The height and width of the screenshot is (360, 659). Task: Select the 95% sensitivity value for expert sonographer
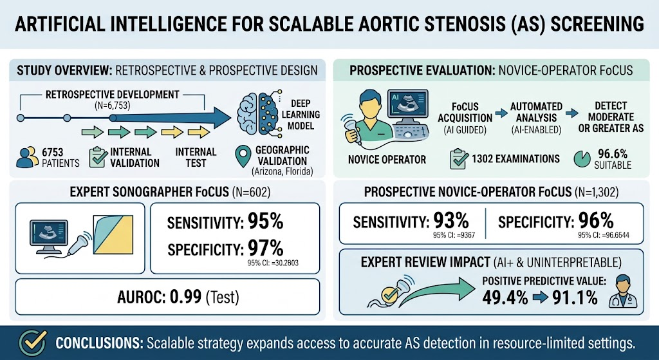click(265, 221)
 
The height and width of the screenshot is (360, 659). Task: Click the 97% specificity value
click(265, 249)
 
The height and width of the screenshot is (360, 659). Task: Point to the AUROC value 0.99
click(185, 298)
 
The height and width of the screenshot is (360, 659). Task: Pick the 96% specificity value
click(596, 221)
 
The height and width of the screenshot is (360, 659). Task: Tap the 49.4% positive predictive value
click(505, 298)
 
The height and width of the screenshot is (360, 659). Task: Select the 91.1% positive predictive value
click(575, 298)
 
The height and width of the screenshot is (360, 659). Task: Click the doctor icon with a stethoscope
click(623, 292)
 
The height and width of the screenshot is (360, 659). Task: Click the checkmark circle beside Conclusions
click(33, 343)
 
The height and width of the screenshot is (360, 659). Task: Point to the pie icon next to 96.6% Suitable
click(582, 159)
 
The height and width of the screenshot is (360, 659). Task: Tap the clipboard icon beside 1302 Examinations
click(459, 159)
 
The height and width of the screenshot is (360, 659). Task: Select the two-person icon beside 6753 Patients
click(27, 158)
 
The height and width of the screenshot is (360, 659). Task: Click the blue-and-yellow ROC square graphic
click(113, 234)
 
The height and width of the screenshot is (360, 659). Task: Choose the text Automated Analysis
click(536, 112)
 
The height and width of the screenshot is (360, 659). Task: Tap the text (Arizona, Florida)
click(282, 171)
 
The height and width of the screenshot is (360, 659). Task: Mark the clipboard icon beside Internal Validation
click(98, 158)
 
